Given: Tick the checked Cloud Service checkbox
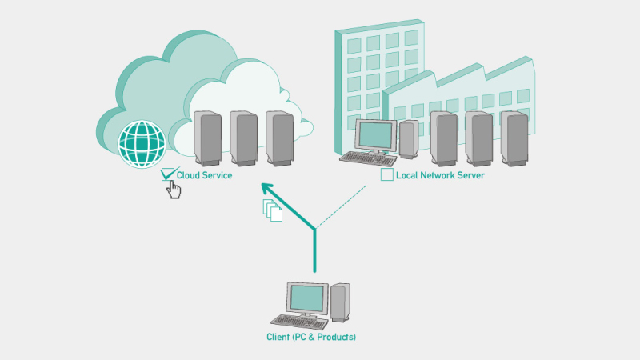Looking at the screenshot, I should tap(168, 175).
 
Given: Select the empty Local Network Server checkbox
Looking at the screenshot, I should tap(387, 174).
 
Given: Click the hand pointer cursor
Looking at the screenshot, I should tap(174, 190).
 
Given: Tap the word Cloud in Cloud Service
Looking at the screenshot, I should tap(188, 175).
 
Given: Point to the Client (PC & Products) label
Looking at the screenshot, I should tap(311, 337).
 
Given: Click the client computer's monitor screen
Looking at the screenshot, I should tap(308, 299).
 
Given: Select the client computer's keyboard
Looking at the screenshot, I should tap(302, 322).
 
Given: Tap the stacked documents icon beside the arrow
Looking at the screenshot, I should tap(273, 210).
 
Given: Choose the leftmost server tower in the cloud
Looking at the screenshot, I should tap(207, 138).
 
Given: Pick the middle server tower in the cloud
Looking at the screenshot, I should tap(243, 138).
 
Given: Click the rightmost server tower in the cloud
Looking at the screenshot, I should tap(279, 138).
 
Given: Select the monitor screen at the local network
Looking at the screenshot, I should tap(376, 136).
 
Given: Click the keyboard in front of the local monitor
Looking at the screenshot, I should tap(367, 158).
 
